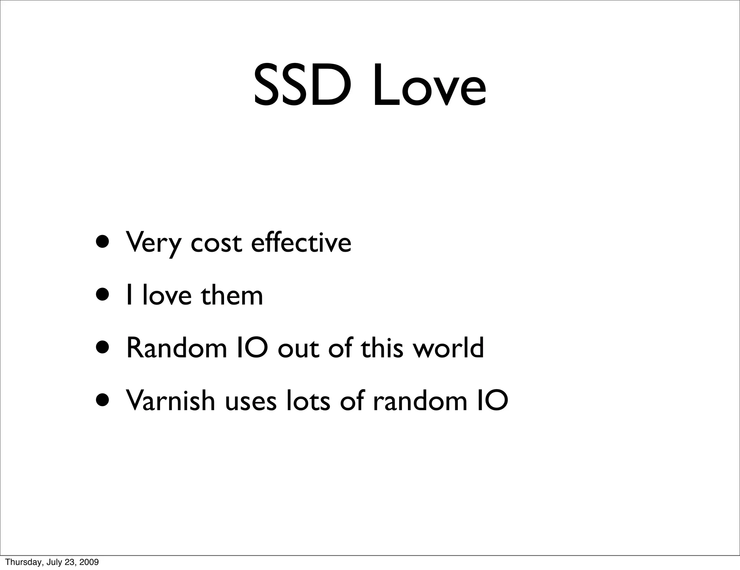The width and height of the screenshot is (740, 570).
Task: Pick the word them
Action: point(232,295)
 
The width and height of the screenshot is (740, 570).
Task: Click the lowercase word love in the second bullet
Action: point(167,295)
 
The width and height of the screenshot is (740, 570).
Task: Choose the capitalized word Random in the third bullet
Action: point(176,348)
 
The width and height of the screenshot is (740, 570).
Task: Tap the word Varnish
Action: point(170,400)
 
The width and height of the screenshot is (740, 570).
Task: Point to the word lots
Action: point(308,400)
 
